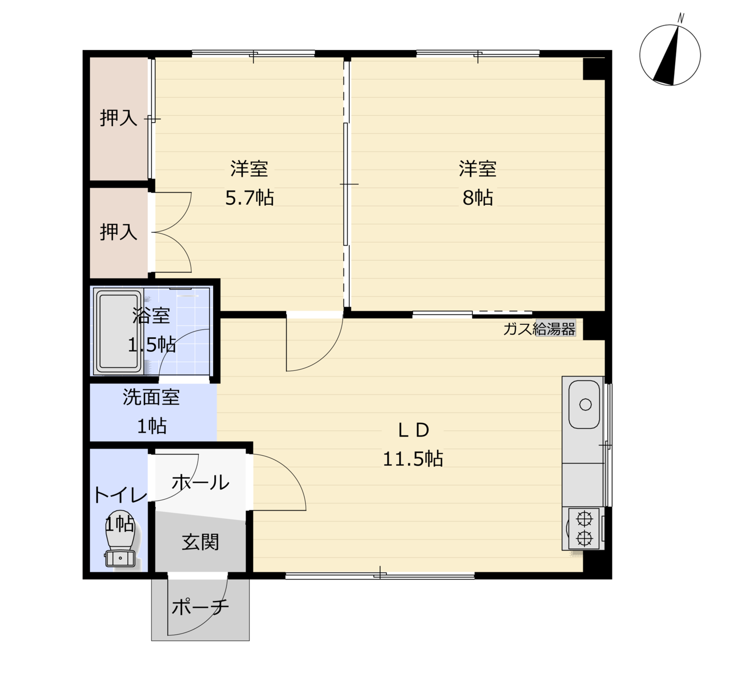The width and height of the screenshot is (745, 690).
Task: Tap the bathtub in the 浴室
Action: tap(118, 332)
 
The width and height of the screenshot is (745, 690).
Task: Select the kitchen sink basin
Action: tap(585, 404)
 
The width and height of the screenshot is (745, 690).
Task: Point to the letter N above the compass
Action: tap(681, 18)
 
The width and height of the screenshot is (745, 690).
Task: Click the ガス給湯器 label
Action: tap(539, 328)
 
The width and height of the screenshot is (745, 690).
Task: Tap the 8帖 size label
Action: tap(478, 198)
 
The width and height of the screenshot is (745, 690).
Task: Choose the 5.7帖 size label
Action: tap(249, 198)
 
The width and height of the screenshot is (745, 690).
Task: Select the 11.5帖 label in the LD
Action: tap(413, 458)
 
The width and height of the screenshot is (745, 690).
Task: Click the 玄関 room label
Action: tap(200, 542)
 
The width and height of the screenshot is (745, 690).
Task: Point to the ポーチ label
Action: tap(200, 607)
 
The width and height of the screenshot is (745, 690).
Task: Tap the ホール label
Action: tap(200, 482)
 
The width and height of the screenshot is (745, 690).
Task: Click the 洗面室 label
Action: tap(152, 397)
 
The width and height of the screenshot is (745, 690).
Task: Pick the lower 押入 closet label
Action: tap(118, 232)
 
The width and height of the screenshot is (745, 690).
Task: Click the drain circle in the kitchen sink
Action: tap(586, 404)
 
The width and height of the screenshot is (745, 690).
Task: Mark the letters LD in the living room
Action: tap(413, 430)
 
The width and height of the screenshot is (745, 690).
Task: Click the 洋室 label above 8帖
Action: tap(478, 169)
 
